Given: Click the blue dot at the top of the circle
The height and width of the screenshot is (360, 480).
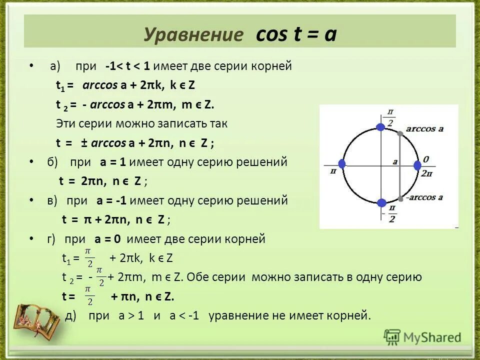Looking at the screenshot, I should pyautogui.click(x=380, y=127).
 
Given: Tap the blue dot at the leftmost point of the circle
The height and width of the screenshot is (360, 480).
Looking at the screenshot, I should pyautogui.click(x=342, y=164).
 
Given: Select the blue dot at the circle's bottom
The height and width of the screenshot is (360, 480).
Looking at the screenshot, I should pyautogui.click(x=381, y=202).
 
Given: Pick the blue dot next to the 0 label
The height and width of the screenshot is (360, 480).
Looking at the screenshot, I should pyautogui.click(x=417, y=165).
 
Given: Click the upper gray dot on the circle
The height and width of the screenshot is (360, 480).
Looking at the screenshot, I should pyautogui.click(x=400, y=133).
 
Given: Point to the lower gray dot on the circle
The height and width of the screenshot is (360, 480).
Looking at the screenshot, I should pyautogui.click(x=400, y=196).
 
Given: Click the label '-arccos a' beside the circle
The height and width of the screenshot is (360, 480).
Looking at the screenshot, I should pyautogui.click(x=425, y=197).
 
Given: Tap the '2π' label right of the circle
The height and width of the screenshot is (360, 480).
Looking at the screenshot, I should pyautogui.click(x=426, y=173).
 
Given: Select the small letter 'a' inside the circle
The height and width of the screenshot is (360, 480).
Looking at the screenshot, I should pyautogui.click(x=394, y=161).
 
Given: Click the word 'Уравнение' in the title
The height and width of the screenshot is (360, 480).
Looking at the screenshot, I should pyautogui.click(x=193, y=35).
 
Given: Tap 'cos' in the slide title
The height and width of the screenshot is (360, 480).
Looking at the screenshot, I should pyautogui.click(x=271, y=34).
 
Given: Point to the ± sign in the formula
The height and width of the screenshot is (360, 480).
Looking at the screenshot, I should pyautogui.click(x=84, y=143).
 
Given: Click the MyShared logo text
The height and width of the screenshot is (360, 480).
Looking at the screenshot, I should pyautogui.click(x=432, y=337).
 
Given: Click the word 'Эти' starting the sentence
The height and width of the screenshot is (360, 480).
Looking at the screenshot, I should pyautogui.click(x=66, y=123).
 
